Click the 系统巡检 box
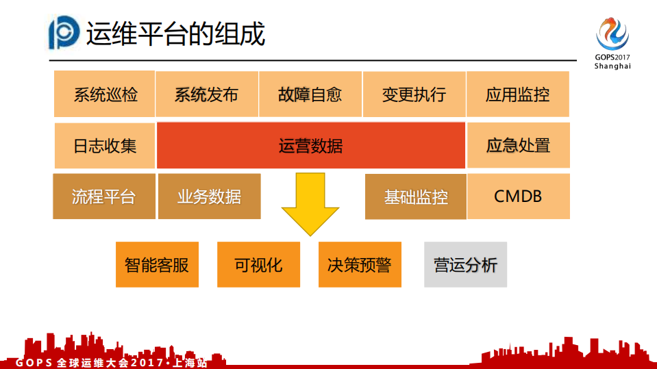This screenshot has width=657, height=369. coord(104,94)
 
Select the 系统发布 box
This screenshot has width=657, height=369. coord(207,94)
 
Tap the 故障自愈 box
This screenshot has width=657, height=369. coord(310,94)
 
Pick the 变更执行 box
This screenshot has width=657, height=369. coord(414,94)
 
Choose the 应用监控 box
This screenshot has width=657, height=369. coord(518,94)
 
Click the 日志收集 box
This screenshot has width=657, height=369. coord(105,145)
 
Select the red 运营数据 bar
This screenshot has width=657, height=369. coord(311,145)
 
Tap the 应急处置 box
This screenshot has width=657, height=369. coord(518,145)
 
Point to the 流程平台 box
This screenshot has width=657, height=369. coord(104,196)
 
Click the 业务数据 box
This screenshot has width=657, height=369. coord(209,196)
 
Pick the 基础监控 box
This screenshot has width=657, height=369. coord(416,196)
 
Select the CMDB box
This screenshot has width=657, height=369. coord(518,196)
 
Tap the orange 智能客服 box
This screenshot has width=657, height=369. coord(157,264)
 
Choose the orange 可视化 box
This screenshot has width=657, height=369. coord(258,264)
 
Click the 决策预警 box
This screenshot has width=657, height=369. coord(360,264)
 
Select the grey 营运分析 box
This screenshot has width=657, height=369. coord(465,264)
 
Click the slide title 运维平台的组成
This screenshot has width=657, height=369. coord(175,34)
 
